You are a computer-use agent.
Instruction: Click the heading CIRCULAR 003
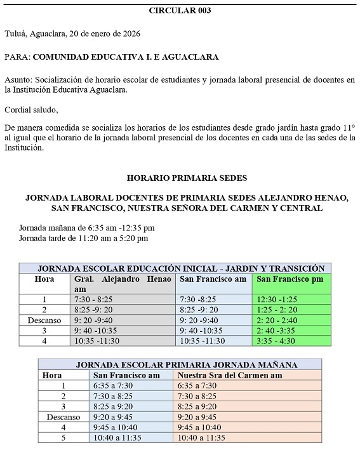click(x=180, y=10)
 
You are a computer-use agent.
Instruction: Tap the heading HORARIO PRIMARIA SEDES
click(x=187, y=178)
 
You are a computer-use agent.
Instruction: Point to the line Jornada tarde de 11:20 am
click(x=84, y=238)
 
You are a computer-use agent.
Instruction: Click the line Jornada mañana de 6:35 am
click(x=87, y=227)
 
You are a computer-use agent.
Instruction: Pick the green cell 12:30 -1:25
click(x=277, y=300)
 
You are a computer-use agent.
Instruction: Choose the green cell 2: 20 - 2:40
click(x=278, y=321)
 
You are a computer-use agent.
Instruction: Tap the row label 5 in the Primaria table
click(x=62, y=438)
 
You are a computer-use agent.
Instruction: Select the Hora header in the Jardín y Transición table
click(x=44, y=279)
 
